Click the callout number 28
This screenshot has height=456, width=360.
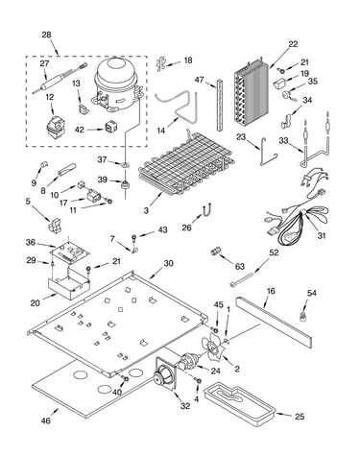47,35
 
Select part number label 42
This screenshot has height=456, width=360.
80,130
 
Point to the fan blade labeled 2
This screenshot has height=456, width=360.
212,347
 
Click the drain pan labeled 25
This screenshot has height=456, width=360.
241,405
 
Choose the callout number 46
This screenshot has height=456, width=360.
46,420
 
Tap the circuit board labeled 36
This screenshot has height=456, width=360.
69,250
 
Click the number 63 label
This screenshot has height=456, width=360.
239,266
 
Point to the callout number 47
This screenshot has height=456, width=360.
199,80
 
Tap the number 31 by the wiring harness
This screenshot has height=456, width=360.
322,235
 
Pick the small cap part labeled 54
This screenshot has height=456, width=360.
300,316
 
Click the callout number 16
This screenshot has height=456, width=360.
271,291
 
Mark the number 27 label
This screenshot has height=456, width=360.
44,63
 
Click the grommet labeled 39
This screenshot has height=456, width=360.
124,184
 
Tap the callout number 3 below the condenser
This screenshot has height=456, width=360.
146,210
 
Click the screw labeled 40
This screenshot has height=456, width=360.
126,379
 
